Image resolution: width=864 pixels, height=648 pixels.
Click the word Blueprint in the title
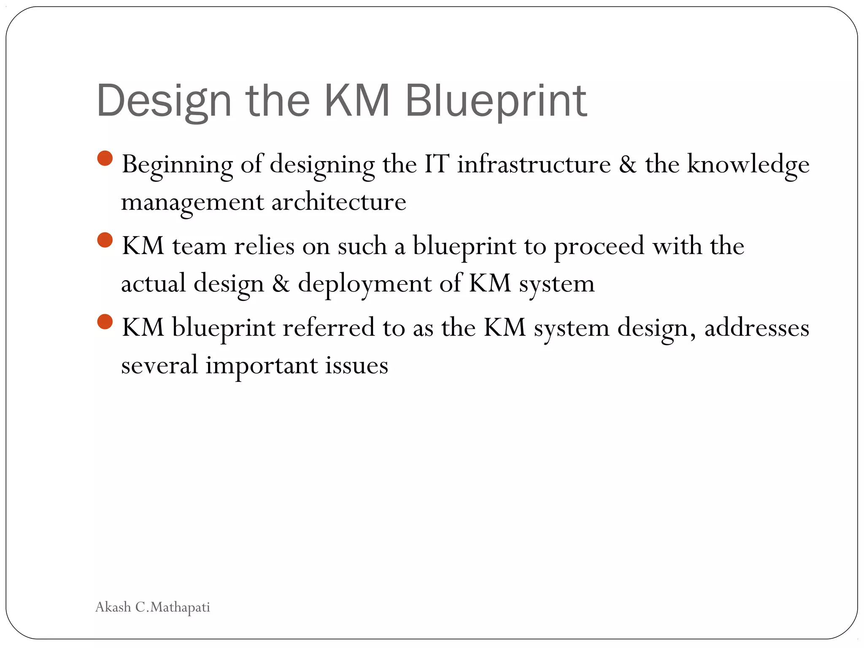tap(496, 101)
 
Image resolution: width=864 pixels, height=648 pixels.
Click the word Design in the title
tap(164, 101)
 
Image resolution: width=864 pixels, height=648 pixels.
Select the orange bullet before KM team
tap(105, 240)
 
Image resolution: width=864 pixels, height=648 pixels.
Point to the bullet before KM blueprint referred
tap(105, 321)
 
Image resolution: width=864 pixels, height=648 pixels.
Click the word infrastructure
tap(534, 164)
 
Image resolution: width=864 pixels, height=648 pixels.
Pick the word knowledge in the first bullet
tap(748, 165)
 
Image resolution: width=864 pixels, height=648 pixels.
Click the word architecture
tap(338, 202)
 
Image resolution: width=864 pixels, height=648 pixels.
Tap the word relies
tap(264, 246)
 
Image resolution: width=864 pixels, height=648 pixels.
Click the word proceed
tap(599, 246)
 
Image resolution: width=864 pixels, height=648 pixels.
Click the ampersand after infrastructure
tap(628, 164)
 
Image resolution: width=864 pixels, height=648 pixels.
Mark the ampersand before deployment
tap(281, 283)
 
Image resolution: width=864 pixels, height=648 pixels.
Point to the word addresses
tap(756, 327)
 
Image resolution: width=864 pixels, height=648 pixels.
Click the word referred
tap(328, 327)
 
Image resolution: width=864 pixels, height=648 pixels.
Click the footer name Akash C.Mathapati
tap(153, 607)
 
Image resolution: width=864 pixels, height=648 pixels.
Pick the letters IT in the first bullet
tap(436, 164)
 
